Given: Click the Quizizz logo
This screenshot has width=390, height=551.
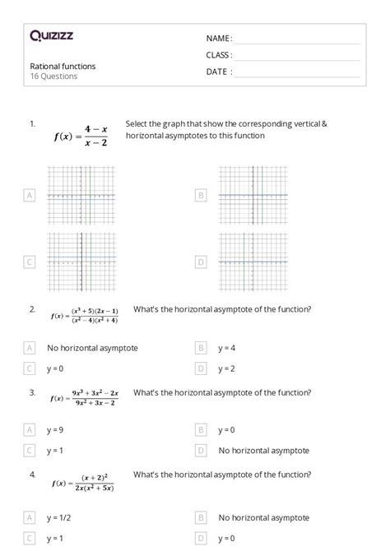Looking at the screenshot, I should tap(51, 35).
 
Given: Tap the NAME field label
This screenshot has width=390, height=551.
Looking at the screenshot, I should tap(219, 39).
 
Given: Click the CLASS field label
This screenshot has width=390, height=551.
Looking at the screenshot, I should tap(219, 55).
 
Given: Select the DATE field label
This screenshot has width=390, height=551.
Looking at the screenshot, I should tap(219, 72).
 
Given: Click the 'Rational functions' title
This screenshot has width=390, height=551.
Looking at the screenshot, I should tap(63, 66).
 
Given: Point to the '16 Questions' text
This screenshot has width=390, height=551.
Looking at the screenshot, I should tap(53, 76).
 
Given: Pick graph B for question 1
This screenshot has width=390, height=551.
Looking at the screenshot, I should tap(253, 195).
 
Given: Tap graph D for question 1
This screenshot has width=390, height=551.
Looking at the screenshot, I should tap(253, 262).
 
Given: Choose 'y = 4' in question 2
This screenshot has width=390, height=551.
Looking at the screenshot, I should tap(227, 348).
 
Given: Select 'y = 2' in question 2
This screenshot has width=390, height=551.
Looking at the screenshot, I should tap(227, 368).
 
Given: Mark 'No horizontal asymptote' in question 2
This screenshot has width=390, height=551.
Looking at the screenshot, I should tap(92, 348).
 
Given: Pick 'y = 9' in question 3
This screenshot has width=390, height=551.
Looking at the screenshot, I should tap(56, 429).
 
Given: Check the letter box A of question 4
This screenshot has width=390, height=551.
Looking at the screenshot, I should tap(30, 518).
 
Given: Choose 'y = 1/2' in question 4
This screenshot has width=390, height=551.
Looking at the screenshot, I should tap(58, 518).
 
